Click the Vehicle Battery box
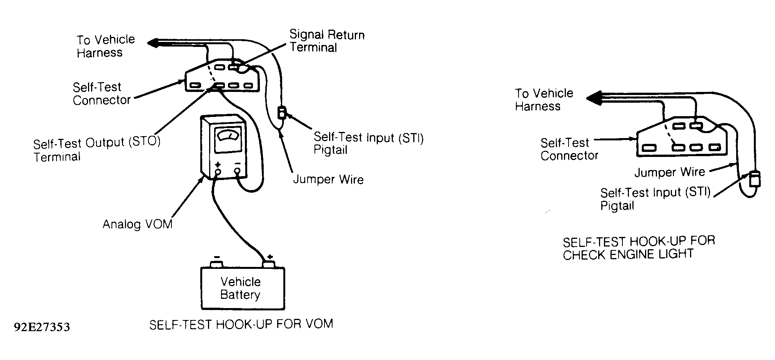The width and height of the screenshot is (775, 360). coord(243,288)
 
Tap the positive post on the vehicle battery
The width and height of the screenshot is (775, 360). coord(268,264)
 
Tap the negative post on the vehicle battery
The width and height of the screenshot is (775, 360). coord(217,264)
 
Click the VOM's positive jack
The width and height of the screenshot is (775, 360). coord(218,172)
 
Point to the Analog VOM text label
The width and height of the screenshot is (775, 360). coord(137,224)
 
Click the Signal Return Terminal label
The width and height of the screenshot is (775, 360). coord(327,41)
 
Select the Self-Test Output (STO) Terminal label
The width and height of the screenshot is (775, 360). coord(97,149)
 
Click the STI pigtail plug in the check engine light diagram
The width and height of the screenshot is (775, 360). coord(755,179)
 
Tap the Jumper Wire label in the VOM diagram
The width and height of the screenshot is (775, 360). coord(328,180)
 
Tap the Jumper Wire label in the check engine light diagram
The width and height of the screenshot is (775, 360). coord(670,172)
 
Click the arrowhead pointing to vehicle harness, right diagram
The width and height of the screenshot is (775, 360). coord(594,98)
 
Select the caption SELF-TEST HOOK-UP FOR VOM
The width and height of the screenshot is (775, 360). coord(241,324)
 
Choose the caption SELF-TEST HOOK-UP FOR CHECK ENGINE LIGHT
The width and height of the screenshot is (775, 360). coord(639,248)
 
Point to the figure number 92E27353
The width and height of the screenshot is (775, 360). coord(42,327)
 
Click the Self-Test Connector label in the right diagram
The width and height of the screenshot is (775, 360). coord(569,149)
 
